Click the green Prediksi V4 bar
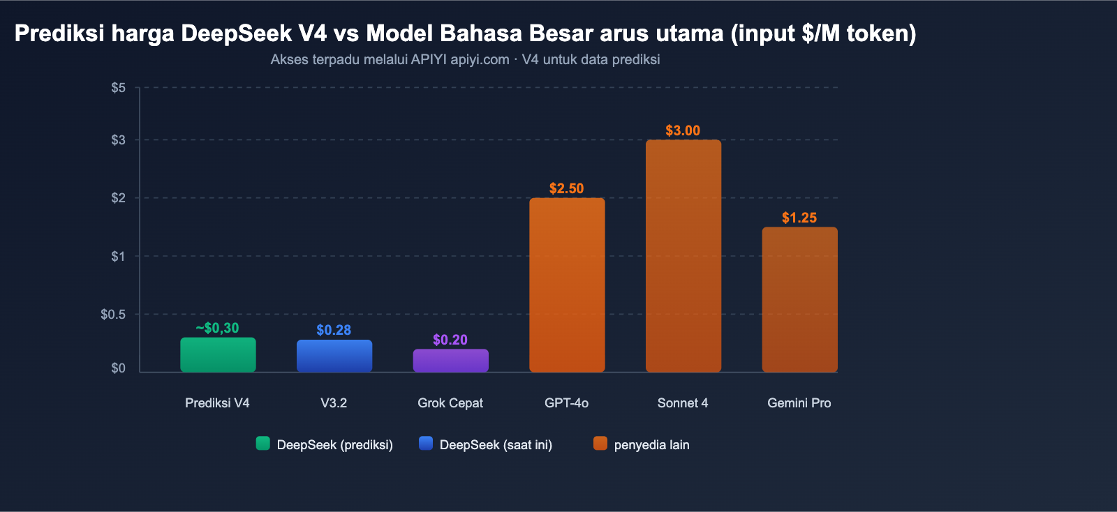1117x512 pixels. (x=218, y=354)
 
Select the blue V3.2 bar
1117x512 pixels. (x=334, y=356)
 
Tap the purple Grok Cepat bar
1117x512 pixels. (x=450, y=360)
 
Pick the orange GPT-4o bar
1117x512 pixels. (x=566, y=285)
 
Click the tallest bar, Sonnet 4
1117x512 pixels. (x=683, y=255)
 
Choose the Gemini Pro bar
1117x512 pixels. (x=799, y=299)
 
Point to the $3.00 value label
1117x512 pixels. (x=682, y=130)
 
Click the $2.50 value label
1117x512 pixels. (x=566, y=188)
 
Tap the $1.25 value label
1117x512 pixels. (x=799, y=218)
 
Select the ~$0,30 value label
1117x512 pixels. (x=217, y=328)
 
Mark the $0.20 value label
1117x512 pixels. (x=450, y=340)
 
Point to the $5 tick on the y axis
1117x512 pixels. (x=118, y=87)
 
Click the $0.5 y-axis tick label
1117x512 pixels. (x=113, y=314)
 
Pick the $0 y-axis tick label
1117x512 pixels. (x=118, y=368)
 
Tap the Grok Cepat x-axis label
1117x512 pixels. (x=450, y=402)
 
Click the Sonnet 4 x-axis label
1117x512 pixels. (x=682, y=402)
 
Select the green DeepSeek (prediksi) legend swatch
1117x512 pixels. (x=262, y=443)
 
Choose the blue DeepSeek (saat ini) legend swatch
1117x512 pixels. (x=425, y=443)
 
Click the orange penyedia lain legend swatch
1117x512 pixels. (x=600, y=443)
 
